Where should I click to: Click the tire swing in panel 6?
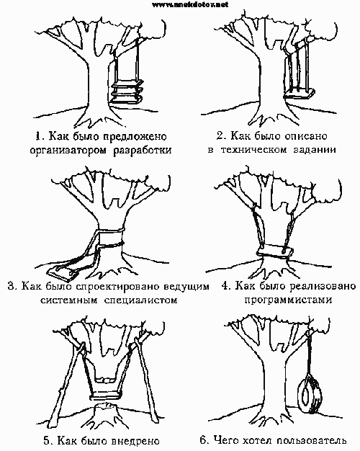[310, 395]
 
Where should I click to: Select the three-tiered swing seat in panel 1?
[127, 93]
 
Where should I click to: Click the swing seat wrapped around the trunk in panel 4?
[275, 251]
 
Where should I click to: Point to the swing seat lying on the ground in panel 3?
[63, 273]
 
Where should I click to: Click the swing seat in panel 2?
[299, 94]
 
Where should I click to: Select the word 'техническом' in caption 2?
[253, 150]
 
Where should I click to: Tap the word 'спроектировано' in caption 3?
[118, 287]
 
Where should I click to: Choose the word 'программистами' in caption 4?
[288, 300]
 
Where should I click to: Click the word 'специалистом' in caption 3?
[140, 300]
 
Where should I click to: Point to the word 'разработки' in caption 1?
[143, 151]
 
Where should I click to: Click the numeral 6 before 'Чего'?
[203, 439]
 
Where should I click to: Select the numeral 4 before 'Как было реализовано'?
[225, 286]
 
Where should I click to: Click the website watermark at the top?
[189, 4]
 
